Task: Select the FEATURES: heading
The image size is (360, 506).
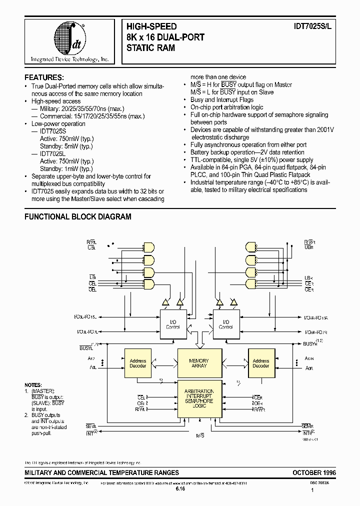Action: pos(44,77)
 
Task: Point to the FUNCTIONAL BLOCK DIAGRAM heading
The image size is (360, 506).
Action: pos(78,217)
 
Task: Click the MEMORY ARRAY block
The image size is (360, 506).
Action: pos(199,363)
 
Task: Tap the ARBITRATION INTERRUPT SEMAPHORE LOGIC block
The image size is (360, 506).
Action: pos(199,398)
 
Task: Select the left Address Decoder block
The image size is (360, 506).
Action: pos(138,363)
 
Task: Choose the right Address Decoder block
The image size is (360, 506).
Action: pos(260,363)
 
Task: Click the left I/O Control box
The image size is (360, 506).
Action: pos(172,324)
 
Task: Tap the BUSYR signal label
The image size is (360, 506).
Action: pos(310,344)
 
